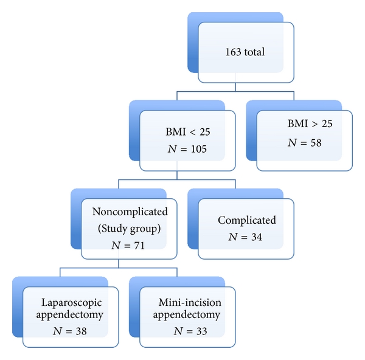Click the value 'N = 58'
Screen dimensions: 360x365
304,143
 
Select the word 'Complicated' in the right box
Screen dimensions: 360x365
247,220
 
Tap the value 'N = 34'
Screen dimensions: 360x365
246,238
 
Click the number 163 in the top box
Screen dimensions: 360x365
233,52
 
